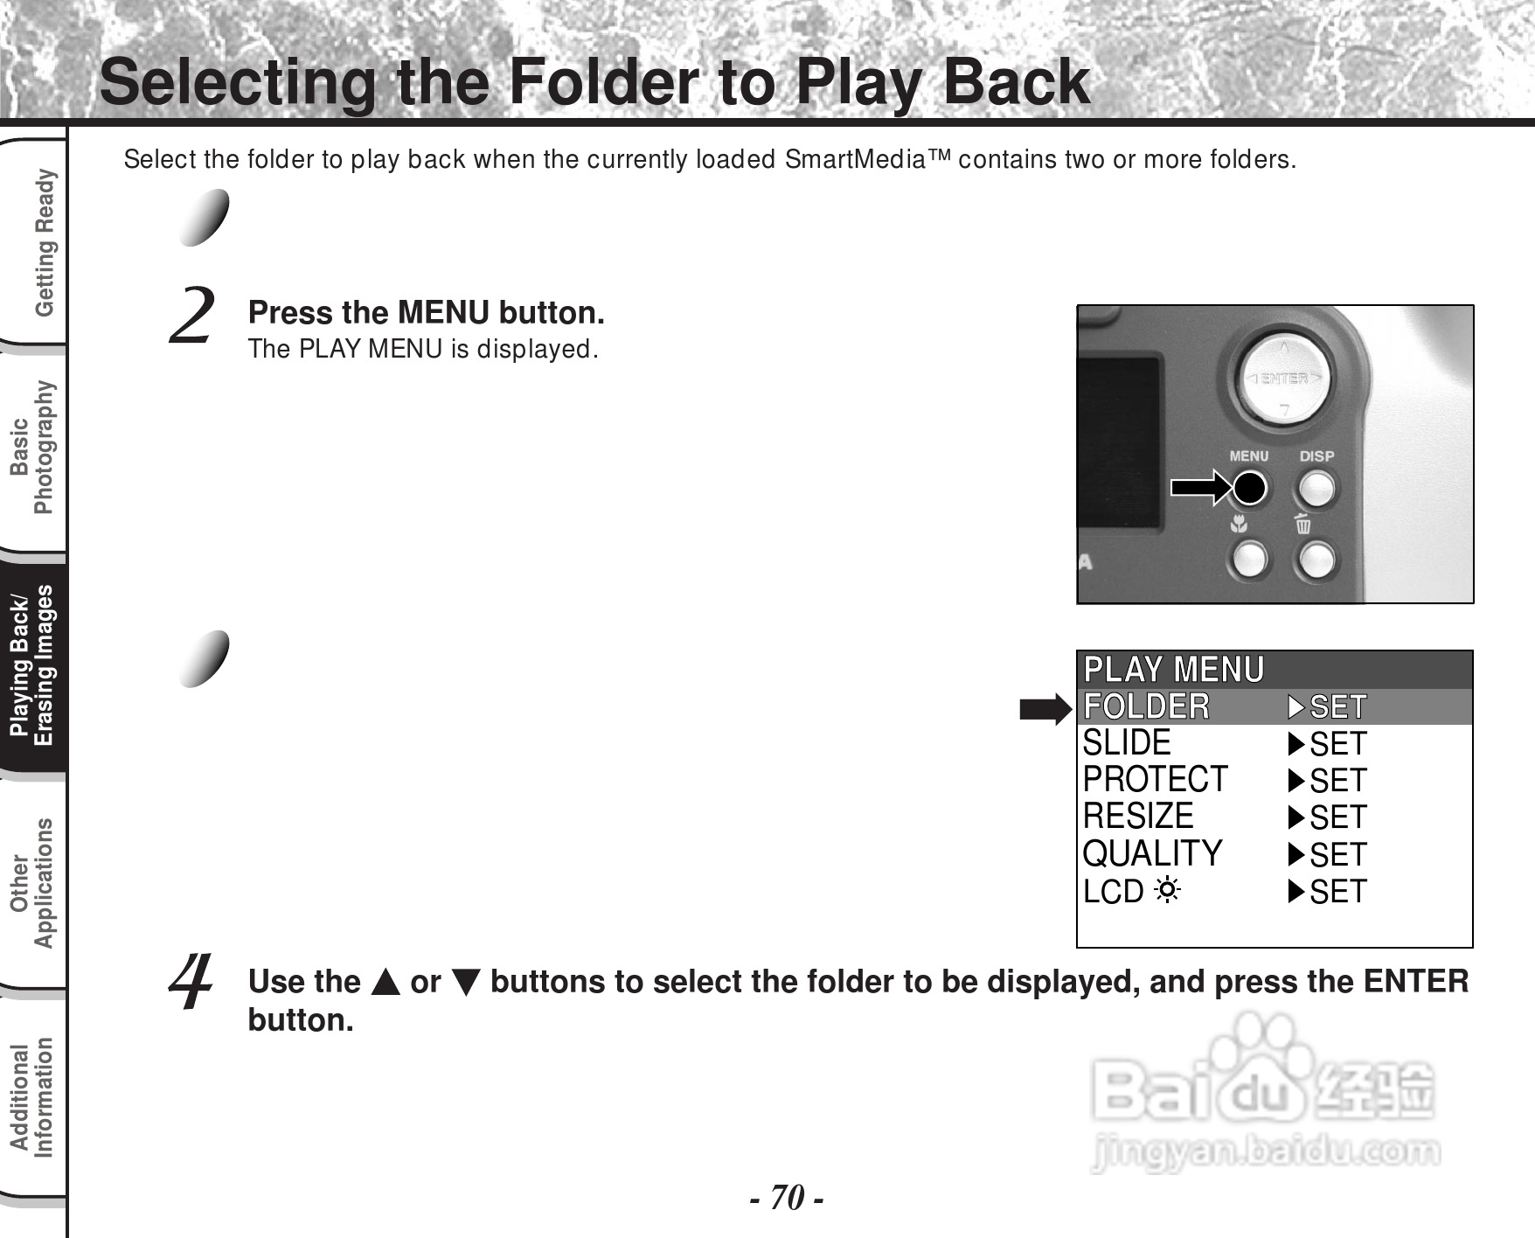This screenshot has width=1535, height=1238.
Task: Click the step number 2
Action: pyautogui.click(x=191, y=316)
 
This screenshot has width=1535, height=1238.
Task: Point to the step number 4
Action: pyautogui.click(x=191, y=981)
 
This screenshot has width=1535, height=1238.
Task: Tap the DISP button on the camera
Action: pyautogui.click(x=1316, y=488)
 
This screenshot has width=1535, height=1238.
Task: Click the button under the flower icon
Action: pyautogui.click(x=1248, y=560)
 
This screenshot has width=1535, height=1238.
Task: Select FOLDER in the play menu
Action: pyautogui.click(x=1146, y=706)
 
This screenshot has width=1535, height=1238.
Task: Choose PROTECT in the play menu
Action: pyautogui.click(x=1155, y=779)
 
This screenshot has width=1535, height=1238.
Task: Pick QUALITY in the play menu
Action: pyautogui.click(x=1152, y=853)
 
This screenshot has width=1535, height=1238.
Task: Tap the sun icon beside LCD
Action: pyautogui.click(x=1167, y=892)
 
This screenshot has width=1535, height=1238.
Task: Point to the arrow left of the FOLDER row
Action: pyautogui.click(x=1045, y=710)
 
